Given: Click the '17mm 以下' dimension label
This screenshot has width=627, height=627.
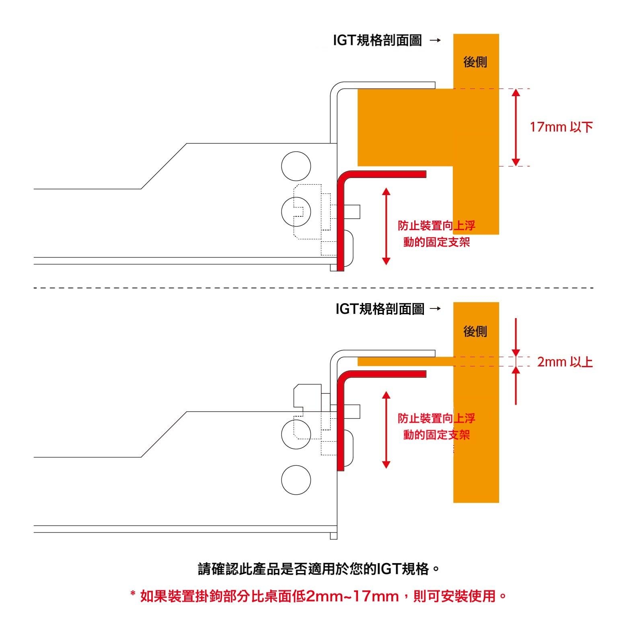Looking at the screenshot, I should pos(561,127).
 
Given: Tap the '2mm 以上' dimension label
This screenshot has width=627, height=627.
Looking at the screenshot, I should pos(565,362).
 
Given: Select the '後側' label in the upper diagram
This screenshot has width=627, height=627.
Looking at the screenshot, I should pos(475,62).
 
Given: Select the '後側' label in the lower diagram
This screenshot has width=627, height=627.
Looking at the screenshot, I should pos(475,331).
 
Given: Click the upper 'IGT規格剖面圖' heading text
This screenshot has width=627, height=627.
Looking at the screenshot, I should pos(377,41).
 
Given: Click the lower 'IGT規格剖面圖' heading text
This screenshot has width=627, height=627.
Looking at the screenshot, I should pos(380,309).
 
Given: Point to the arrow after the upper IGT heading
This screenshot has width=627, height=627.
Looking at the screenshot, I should pos(435,41).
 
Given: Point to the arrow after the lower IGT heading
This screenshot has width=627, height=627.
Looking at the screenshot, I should pos(435,309).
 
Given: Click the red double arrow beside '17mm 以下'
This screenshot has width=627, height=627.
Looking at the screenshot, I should pos(516,127).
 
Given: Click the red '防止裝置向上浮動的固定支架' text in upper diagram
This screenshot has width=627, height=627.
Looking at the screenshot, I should pos(436,234).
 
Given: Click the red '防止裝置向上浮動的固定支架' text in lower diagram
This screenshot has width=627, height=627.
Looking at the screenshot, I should pos(436,426).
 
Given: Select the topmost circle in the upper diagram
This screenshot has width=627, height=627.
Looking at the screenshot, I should pos(296,166).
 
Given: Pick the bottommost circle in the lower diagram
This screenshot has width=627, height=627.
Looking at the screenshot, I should pos(296,480).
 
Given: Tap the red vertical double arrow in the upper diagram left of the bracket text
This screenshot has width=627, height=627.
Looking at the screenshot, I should pos(386,226).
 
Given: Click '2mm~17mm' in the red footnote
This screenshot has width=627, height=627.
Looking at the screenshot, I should pos(352,596).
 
